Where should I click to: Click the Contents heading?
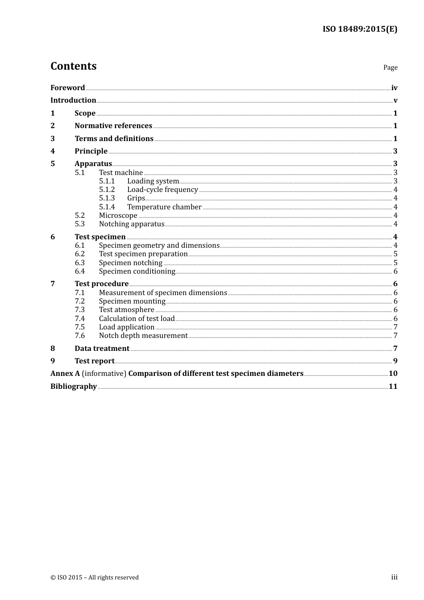pos(73,66)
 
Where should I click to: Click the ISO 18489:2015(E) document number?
pos(360,29)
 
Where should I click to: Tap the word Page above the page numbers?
pos(390,67)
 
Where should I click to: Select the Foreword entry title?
pos(67,88)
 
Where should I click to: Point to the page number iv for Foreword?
pos(394,88)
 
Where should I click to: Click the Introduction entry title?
pos(73,100)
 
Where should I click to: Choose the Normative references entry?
pos(113,126)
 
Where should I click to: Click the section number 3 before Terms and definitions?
pos(53,139)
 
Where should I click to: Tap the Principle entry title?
pos(91,151)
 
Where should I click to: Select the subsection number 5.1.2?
pos(107,190)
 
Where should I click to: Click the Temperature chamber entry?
pos(164,207)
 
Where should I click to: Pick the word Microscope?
pos(118,216)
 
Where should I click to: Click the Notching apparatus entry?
pos(132,224)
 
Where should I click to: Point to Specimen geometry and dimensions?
pos(159,246)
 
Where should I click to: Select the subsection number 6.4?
pos(80,271)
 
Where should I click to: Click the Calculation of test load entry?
pos(137,319)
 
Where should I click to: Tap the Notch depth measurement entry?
pos(143,336)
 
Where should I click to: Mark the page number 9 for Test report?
pos(395,361)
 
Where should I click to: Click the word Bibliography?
pos(74,387)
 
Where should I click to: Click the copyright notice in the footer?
pos(95,578)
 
